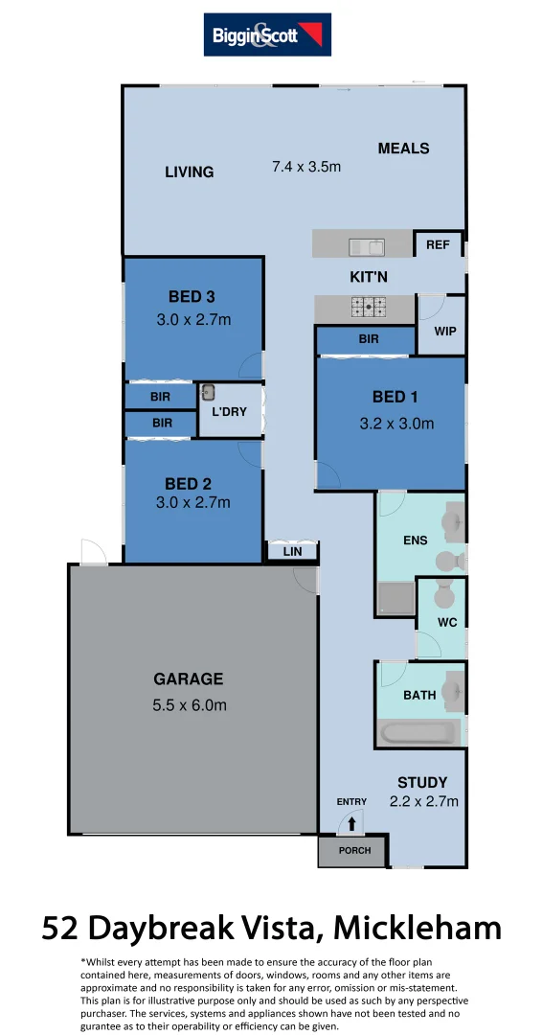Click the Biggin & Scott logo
pos(267,35)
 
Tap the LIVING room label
pos(189,172)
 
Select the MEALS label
pos(403,149)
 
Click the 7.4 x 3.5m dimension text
pos(306,166)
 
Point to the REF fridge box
pos(438,245)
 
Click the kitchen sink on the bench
pos(366,248)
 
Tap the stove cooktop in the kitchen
pos(369,307)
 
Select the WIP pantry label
pos(445,332)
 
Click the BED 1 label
pos(395,397)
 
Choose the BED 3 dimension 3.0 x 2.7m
pos(193,319)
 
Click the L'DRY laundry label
pos(229,412)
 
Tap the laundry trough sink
pos(208,392)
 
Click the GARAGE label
pos(189,679)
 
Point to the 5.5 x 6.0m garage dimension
pos(189,705)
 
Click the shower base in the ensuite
pos(395,598)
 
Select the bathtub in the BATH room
pos(418,735)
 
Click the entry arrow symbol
pos(351,822)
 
